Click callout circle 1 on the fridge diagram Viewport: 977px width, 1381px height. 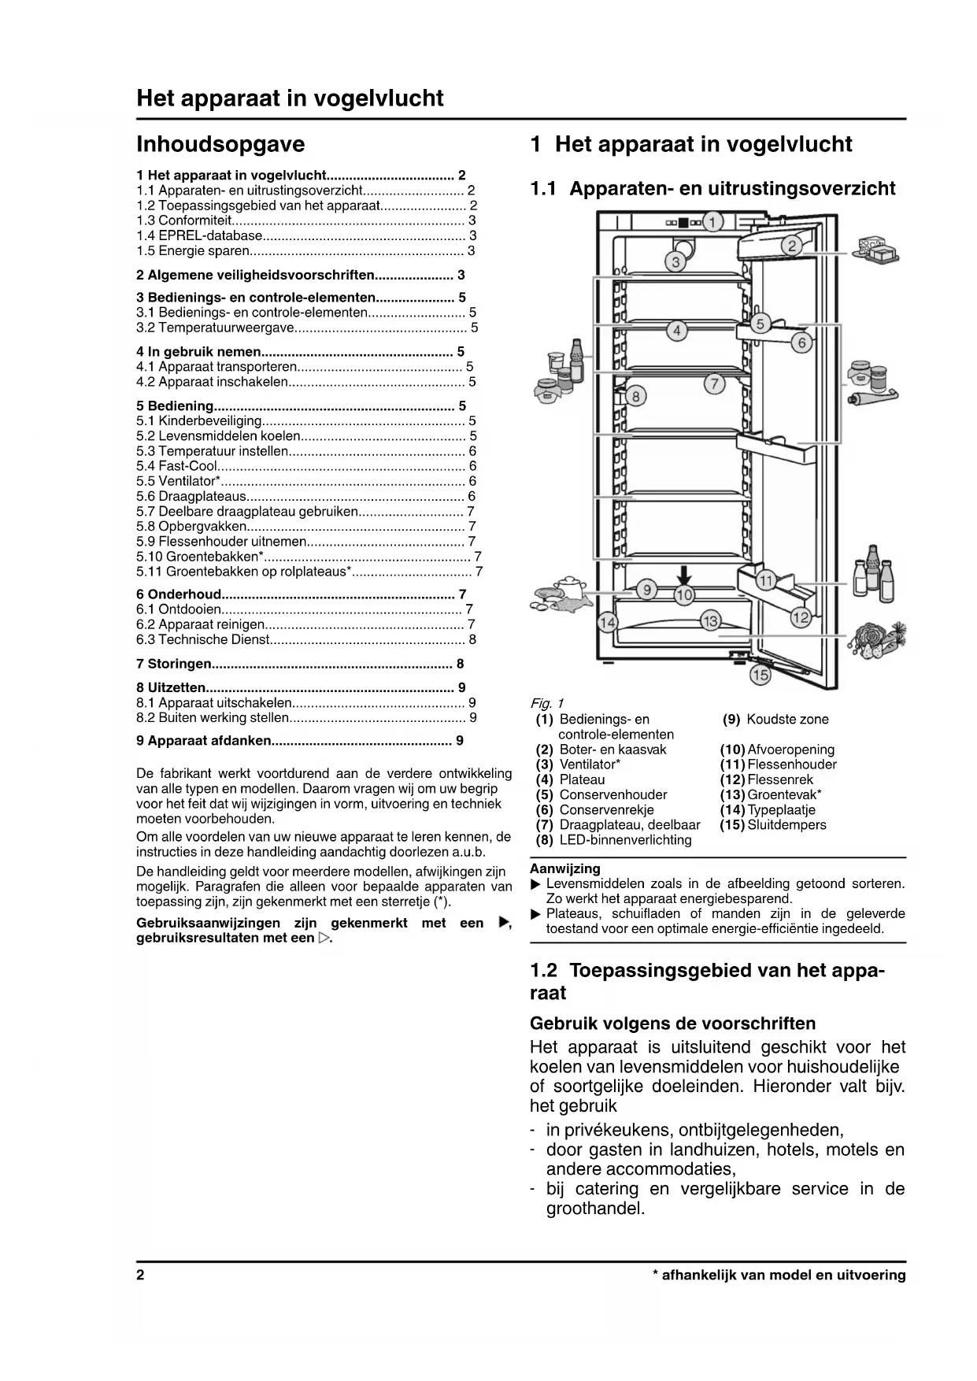point(712,222)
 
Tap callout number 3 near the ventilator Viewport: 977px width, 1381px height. point(675,261)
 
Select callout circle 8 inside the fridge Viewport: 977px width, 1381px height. point(635,394)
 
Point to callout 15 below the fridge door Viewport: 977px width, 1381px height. point(760,675)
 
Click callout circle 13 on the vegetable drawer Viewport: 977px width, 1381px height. point(710,621)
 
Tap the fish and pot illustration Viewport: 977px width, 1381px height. point(561,595)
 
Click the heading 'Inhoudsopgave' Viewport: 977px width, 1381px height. point(220,145)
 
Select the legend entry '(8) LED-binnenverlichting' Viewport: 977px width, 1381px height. point(613,840)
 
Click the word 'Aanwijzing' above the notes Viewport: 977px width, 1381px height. point(565,868)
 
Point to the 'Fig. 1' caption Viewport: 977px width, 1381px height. point(546,703)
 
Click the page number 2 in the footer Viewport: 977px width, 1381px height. point(141,1275)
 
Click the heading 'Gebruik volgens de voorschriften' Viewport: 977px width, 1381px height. point(672,1024)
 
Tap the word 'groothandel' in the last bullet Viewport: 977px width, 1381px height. point(594,1209)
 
